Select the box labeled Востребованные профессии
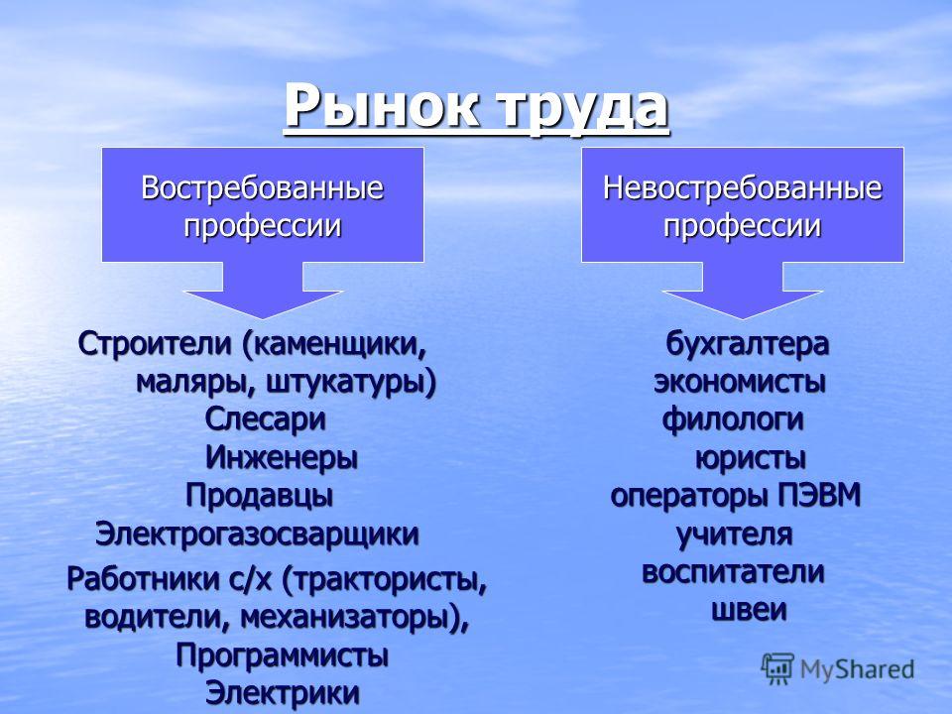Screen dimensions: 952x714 pos(262,204)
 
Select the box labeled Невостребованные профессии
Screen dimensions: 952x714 pos(743,204)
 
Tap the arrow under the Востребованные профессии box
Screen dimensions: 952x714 pos(263,291)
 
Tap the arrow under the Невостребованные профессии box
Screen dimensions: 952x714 pos(743,291)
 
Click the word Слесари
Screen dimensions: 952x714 pos(266,420)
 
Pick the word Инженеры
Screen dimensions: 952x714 pos(282,458)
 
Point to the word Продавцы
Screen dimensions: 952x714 pos(259,497)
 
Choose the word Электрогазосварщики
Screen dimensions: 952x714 pos(258,535)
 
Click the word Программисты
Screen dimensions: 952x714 pos(283,656)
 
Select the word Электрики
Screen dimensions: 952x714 pos(283,694)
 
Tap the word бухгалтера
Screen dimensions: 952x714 pos(748,344)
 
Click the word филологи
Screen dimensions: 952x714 pos(734,420)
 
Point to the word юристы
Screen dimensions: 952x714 pos(751,458)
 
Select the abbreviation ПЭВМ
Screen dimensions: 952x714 pos(820,496)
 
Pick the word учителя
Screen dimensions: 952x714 pos(735,535)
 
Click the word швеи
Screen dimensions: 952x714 pos(750,611)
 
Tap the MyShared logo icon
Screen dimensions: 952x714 pos(777,669)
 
